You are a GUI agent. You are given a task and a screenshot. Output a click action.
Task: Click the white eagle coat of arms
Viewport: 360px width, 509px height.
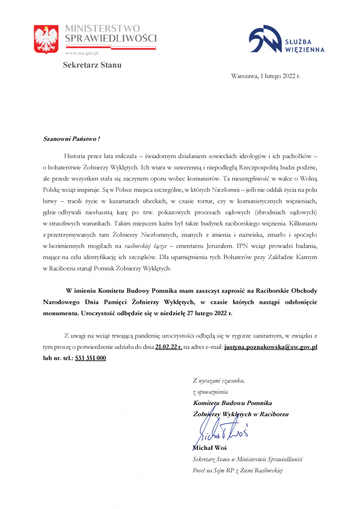[46, 40]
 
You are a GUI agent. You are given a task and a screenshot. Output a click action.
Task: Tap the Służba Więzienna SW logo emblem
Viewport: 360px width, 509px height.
[265, 39]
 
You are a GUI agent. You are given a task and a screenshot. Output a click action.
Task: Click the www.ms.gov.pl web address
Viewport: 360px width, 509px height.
[82, 52]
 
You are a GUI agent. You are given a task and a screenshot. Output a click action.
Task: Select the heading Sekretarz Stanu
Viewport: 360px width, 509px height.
[92, 65]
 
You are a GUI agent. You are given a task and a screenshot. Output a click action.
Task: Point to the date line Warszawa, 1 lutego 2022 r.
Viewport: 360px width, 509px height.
[266, 76]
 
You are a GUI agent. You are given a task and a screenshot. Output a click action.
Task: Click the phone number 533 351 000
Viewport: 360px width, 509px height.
[90, 357]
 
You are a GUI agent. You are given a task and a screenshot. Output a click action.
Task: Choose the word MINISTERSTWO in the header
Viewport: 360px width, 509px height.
[102, 28]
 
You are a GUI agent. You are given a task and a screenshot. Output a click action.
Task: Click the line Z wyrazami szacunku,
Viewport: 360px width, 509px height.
[219, 381]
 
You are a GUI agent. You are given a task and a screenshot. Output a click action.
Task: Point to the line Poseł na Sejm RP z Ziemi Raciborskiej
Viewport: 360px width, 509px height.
[237, 470]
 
